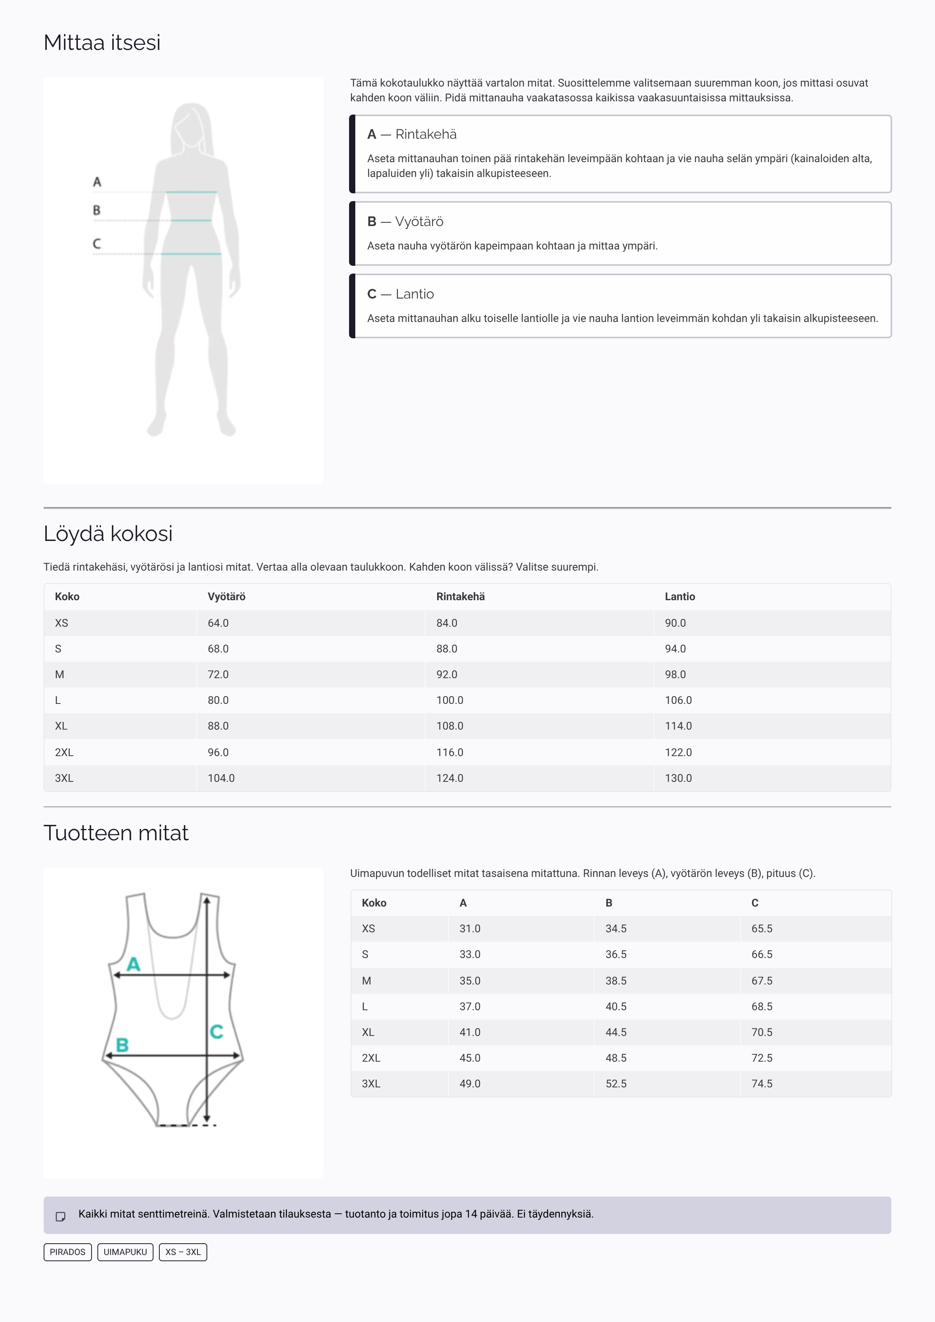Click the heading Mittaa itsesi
(102, 42)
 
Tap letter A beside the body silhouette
(97, 182)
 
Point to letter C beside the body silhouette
(97, 244)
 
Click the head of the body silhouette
(191, 124)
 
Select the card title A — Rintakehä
(412, 134)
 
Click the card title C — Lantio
(401, 294)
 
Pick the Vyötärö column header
(226, 597)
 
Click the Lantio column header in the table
(679, 597)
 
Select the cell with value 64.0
(218, 623)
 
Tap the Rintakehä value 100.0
(450, 700)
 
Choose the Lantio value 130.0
(678, 778)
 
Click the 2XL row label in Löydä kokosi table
(64, 752)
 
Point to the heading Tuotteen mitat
(116, 833)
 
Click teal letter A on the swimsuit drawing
(134, 964)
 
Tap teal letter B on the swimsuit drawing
(122, 1045)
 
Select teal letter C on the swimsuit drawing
(217, 1031)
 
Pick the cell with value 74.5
(762, 1083)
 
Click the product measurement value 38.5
(616, 981)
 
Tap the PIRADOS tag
(67, 1252)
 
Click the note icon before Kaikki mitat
(60, 1217)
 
